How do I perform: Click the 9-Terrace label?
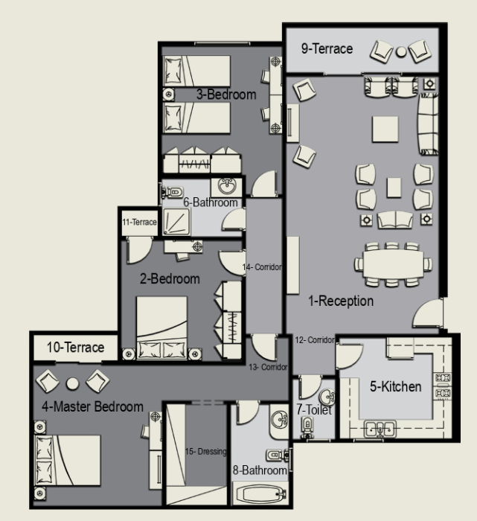click(x=327, y=49)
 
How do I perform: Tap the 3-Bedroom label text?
click(x=226, y=95)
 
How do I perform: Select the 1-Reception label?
click(x=341, y=301)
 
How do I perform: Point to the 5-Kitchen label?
click(x=396, y=386)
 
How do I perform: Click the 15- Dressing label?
click(x=205, y=452)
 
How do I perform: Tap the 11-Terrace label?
click(x=139, y=222)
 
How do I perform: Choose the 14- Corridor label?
click(x=262, y=266)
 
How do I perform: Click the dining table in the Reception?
click(x=394, y=264)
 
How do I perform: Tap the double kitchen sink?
click(x=380, y=429)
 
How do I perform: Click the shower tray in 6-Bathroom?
click(x=176, y=222)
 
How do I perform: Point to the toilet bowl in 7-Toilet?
click(x=307, y=426)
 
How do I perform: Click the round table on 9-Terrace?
click(x=401, y=51)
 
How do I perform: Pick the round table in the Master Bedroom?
click(x=72, y=383)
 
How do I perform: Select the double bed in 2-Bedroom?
click(x=161, y=328)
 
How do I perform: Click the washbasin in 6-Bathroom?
click(x=227, y=186)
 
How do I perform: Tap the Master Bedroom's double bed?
click(x=68, y=461)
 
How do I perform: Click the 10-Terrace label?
click(x=75, y=348)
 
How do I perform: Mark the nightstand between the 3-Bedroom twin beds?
click(x=168, y=95)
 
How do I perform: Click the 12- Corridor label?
click(x=315, y=340)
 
